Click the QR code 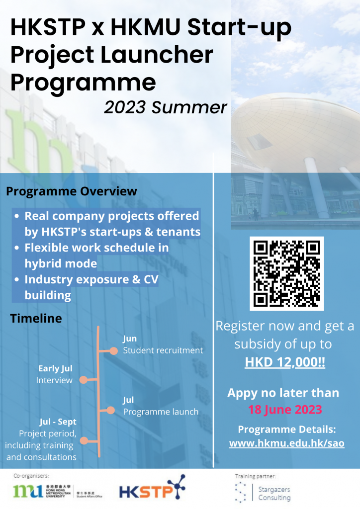[286, 273]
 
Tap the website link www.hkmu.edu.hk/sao [286, 443]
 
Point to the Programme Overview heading [71, 191]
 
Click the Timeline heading [36, 318]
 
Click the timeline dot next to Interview [84, 380]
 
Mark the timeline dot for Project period [84, 440]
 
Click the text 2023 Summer [166, 107]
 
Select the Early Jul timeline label [55, 368]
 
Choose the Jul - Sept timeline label [58, 422]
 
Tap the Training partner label [256, 476]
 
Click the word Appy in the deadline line [243, 393]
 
